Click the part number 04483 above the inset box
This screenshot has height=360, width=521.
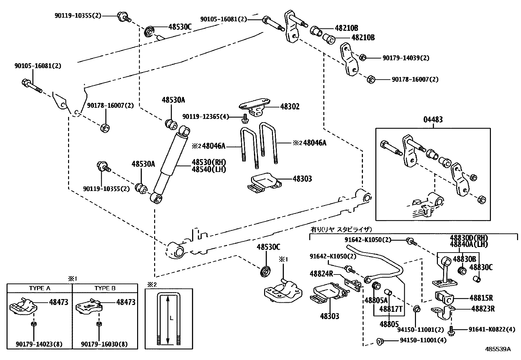[x=433, y=120]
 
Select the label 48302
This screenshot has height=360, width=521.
[x=290, y=107]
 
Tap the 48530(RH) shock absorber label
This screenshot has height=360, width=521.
[x=209, y=162]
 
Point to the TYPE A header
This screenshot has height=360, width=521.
[x=40, y=288]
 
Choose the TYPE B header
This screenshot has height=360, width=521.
[x=105, y=288]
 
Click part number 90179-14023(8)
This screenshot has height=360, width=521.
[x=40, y=344]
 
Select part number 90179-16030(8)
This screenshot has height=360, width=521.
[x=105, y=344]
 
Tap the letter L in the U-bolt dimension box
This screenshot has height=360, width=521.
[x=171, y=317]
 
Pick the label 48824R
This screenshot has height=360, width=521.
[x=321, y=274]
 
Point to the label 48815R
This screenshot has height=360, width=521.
[x=481, y=298]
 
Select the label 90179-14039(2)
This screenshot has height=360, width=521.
[x=406, y=58]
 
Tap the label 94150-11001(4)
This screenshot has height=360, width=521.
[x=423, y=340]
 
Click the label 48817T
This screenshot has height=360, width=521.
[x=390, y=309]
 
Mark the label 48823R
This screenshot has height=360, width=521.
[x=483, y=309]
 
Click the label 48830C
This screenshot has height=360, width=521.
[x=481, y=267]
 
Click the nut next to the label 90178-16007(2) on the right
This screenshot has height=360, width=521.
[x=370, y=79]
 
